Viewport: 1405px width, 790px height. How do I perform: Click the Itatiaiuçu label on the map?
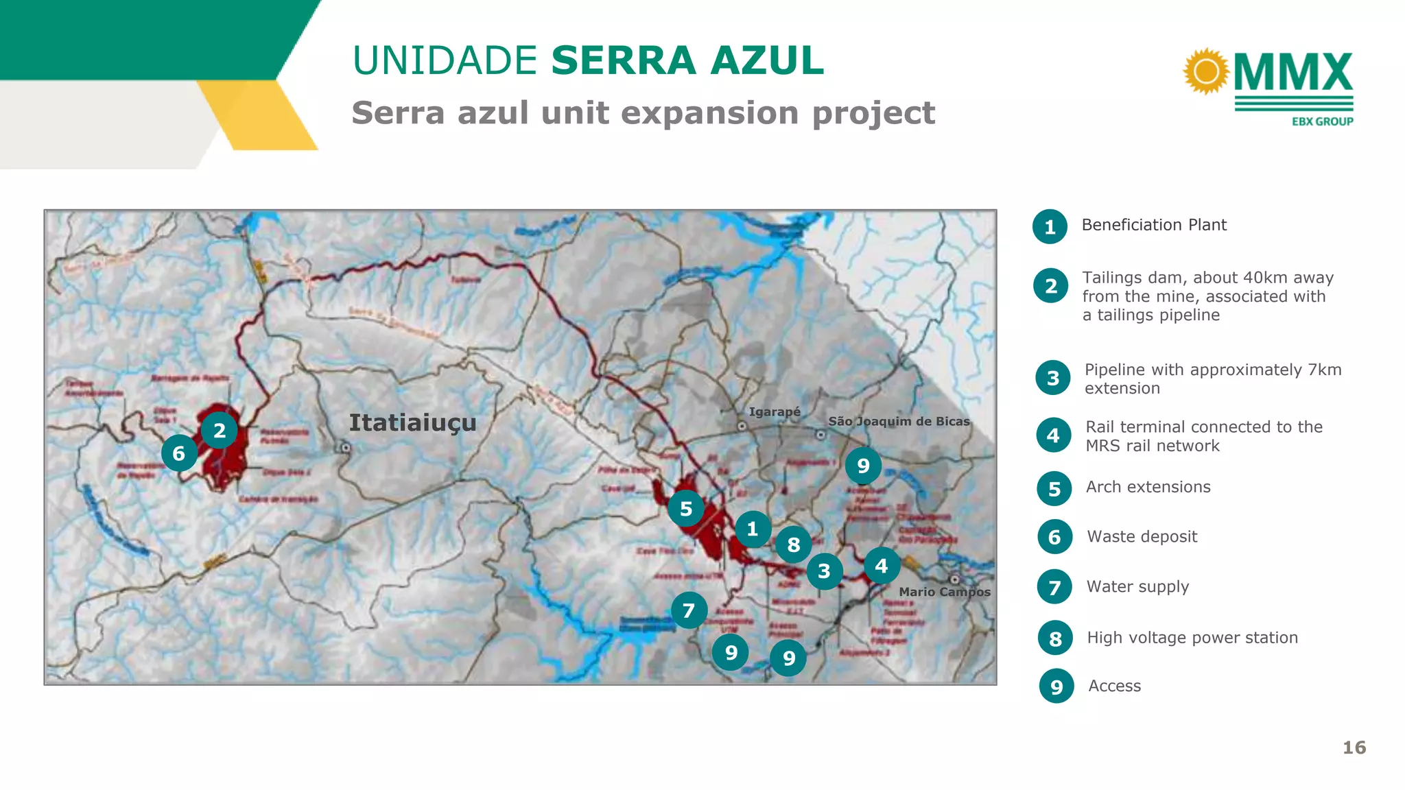tap(412, 423)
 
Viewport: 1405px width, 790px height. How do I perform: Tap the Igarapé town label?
tap(775, 411)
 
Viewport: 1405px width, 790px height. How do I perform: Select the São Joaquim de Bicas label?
tap(899, 421)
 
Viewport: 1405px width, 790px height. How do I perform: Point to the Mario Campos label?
tap(945, 592)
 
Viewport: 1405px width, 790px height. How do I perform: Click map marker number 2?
tap(220, 431)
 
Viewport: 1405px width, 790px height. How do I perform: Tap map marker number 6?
tap(179, 453)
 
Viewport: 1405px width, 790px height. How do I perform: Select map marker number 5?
tap(686, 509)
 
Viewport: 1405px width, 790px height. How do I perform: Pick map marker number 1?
tap(753, 529)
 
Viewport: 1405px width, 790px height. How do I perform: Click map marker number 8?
tap(794, 544)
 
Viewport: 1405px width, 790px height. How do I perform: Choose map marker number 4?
tap(882, 566)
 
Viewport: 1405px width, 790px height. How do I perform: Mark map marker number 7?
tap(689, 610)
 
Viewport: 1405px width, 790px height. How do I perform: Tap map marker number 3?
tap(824, 571)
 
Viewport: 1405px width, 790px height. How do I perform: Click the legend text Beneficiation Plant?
tap(1154, 225)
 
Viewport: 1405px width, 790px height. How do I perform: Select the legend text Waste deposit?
tap(1142, 536)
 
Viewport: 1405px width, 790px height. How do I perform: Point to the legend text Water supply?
tap(1137, 587)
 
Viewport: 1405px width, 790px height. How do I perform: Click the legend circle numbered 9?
tap(1056, 686)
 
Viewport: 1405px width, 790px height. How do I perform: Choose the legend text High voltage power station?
tap(1192, 638)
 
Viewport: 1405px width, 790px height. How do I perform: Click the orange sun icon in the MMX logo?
tap(1206, 71)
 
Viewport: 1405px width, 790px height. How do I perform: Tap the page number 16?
tap(1354, 747)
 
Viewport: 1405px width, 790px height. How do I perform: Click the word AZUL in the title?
tap(767, 60)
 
